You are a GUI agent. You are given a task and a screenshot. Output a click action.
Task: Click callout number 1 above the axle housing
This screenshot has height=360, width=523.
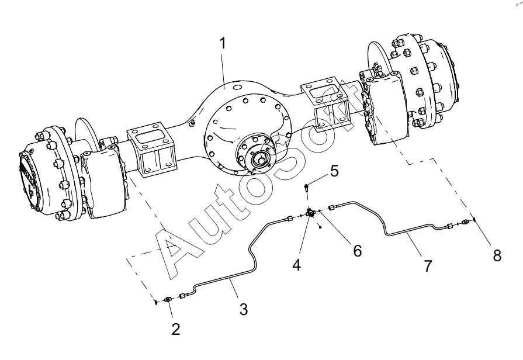coord(223,44)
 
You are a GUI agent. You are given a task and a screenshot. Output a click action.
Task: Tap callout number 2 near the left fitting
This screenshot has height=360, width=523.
coord(176,329)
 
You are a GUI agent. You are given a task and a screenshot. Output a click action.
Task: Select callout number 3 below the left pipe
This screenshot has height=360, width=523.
coord(244,309)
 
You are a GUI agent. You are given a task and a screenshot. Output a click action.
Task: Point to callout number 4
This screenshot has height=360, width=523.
coord(297,265)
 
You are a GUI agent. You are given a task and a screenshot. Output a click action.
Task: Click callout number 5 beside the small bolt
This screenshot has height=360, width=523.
coord(334,171)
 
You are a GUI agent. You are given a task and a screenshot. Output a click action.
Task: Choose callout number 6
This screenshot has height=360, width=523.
coord(357,251)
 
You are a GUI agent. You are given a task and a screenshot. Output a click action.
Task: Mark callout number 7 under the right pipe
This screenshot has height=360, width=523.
coord(428,266)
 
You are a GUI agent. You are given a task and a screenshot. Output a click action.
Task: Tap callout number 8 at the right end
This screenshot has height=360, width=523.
coord(497,256)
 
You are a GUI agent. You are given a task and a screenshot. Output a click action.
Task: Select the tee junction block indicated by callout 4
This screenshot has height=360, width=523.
coord(310,213)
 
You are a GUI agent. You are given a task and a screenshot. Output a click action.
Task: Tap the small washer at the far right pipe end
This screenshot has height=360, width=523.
coord(474,219)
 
